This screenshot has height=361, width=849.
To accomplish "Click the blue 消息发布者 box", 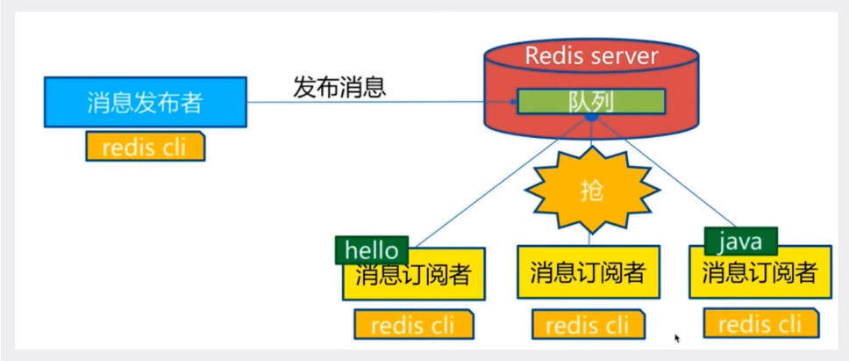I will coord(145,102).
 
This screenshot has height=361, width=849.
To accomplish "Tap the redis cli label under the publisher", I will coord(145,147).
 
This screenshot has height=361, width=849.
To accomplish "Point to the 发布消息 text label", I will coord(339,88).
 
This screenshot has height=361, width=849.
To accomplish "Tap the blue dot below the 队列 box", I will coord(592,117).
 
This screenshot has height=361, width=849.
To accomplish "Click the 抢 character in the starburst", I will coord(592,191).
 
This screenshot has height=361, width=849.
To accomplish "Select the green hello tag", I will coord(371,249).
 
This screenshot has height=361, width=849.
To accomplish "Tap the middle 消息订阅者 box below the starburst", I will coord(587,272).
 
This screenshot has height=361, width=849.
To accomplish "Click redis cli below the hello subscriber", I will coord(412,325).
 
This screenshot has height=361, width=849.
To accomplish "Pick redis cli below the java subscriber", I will coord(759,323).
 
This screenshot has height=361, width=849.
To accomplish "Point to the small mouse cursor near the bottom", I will coord(677,337).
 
